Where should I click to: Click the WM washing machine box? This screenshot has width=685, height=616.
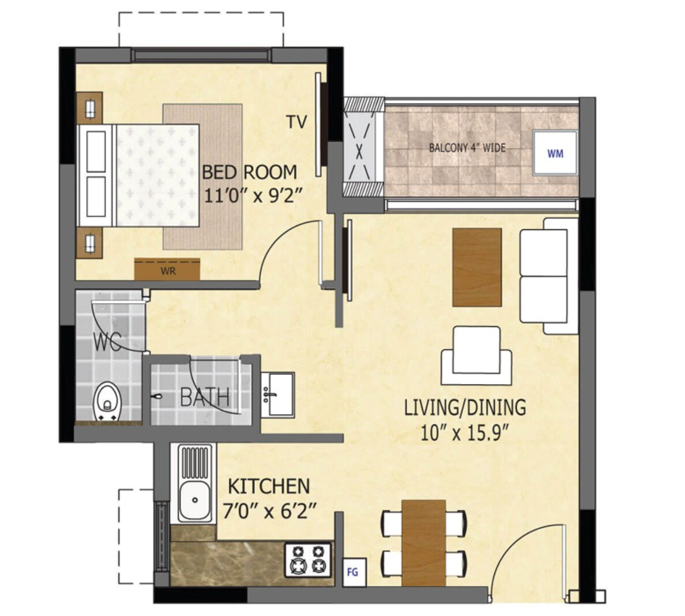tap(555, 152)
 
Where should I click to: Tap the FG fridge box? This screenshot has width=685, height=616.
tap(353, 572)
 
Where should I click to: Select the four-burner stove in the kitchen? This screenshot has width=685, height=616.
tap(308, 559)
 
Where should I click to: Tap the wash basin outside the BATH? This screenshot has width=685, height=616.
tap(277, 395)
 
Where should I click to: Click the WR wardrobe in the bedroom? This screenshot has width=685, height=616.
tap(167, 270)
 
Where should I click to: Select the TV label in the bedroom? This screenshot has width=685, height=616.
tap(297, 122)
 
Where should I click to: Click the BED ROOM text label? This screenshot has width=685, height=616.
tap(249, 172)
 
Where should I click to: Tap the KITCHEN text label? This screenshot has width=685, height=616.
tap(269, 486)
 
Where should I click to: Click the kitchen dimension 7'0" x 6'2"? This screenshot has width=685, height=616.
tap(270, 510)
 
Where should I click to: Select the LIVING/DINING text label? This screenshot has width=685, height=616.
tap(465, 408)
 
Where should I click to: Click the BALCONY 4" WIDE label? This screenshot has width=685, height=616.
tap(467, 148)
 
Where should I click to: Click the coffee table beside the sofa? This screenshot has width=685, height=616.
tap(477, 267)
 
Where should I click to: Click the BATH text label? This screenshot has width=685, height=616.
tap(204, 397)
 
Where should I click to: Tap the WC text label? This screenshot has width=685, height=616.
tap(108, 342)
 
